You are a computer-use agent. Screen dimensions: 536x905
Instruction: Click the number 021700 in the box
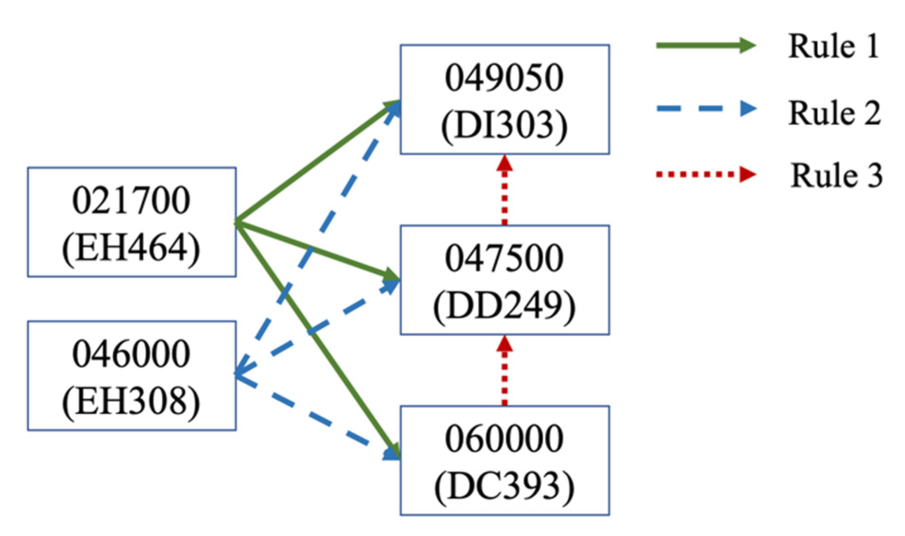pos(131,200)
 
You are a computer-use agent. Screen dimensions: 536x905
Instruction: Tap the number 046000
pos(131,354)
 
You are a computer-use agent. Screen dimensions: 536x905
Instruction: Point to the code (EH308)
pos(131,401)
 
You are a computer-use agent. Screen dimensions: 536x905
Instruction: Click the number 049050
pos(504,77)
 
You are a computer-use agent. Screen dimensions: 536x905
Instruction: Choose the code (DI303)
pos(504,125)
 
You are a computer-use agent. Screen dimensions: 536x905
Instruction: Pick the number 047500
pos(504,258)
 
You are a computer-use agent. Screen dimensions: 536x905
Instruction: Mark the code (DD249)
pos(504,306)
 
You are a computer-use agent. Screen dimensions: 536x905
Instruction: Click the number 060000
pos(504,439)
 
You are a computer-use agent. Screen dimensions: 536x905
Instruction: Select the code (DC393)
pos(504,486)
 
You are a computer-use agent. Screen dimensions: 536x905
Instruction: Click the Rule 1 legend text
pos(834,46)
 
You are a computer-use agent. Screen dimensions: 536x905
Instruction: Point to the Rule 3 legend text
pos(836,176)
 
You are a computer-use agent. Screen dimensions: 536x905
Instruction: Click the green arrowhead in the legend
pos(746,45)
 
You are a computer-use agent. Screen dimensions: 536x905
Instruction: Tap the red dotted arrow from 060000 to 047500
pos(504,371)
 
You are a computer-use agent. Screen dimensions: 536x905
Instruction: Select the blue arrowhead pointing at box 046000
pos(242,372)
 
